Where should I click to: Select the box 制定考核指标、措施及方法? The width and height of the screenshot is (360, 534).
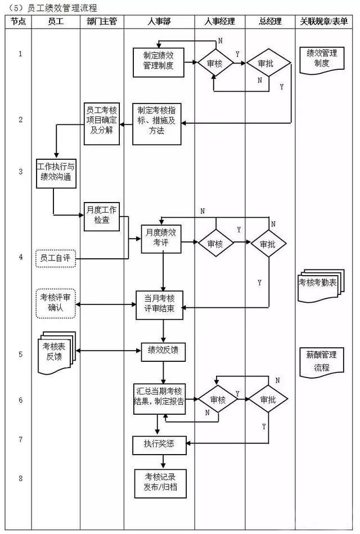(x=157, y=122)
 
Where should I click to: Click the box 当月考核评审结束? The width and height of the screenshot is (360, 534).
(x=159, y=306)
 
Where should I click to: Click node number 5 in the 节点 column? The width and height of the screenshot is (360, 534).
(x=20, y=354)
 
